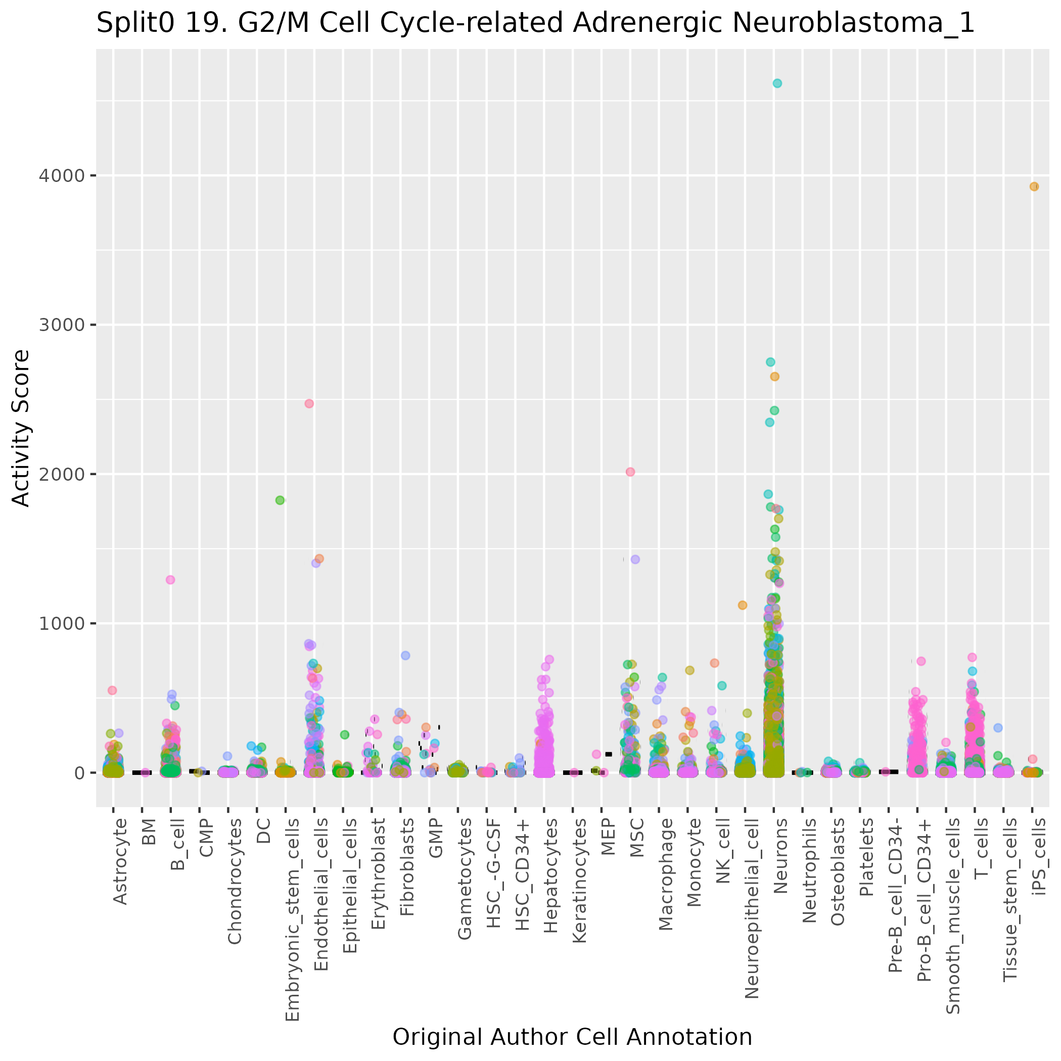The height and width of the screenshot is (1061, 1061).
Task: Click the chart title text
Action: [x=535, y=23]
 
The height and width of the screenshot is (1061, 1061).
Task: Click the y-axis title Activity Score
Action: [x=21, y=428]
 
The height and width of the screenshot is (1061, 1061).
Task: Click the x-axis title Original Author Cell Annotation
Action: [x=572, y=1037]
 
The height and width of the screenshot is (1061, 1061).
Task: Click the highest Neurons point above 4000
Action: [x=777, y=83]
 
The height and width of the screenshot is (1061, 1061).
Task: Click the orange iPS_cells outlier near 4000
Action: [x=1034, y=187]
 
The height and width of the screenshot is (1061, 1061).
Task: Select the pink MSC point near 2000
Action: [x=630, y=472]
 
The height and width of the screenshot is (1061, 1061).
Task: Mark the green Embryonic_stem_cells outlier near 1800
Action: [x=280, y=500]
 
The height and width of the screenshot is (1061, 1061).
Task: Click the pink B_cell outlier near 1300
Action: [x=170, y=580]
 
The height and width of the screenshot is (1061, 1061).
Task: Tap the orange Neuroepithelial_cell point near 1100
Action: [x=743, y=605]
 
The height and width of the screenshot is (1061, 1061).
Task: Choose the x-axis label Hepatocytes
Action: [x=551, y=868]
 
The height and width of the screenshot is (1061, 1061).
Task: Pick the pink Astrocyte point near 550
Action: [x=112, y=690]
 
